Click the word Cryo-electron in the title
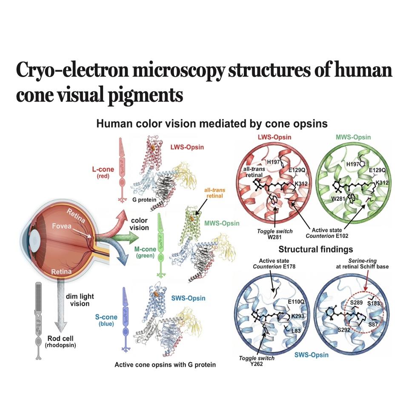click(72, 70)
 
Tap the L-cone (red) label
click(103, 172)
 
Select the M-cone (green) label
click(145, 252)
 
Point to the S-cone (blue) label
click(106, 320)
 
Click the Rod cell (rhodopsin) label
click(60, 342)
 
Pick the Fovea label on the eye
click(62, 226)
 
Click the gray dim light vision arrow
click(61, 305)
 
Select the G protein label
click(144, 200)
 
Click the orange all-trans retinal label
click(214, 193)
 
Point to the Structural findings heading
click(316, 249)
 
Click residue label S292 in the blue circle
click(344, 330)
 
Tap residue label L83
click(296, 331)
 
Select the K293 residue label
click(297, 316)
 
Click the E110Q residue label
click(296, 302)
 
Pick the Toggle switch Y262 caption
click(257, 361)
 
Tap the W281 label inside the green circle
click(338, 199)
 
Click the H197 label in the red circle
click(273, 162)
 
